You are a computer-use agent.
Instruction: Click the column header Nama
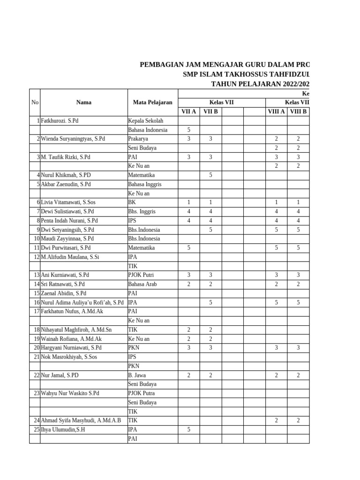click(83, 102)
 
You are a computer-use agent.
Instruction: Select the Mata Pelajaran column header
click(152, 102)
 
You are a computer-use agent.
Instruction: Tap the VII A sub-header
click(189, 112)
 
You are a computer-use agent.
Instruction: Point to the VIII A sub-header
click(276, 112)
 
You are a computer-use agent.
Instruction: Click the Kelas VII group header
click(221, 102)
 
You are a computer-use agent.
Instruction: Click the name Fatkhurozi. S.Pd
click(60, 121)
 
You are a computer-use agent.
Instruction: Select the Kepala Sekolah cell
click(145, 121)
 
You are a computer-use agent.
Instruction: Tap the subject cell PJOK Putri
click(141, 275)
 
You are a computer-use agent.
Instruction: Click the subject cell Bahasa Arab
click(142, 284)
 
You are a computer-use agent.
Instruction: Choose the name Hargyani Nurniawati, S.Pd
click(71, 347)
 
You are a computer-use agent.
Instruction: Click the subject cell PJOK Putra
click(141, 393)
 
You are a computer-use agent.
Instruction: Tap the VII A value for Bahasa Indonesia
click(189, 130)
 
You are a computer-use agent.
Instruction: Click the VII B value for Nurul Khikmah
click(210, 175)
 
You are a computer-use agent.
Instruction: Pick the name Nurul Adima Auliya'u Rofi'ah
click(82, 302)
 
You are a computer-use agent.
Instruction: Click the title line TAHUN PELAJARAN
click(260, 84)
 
